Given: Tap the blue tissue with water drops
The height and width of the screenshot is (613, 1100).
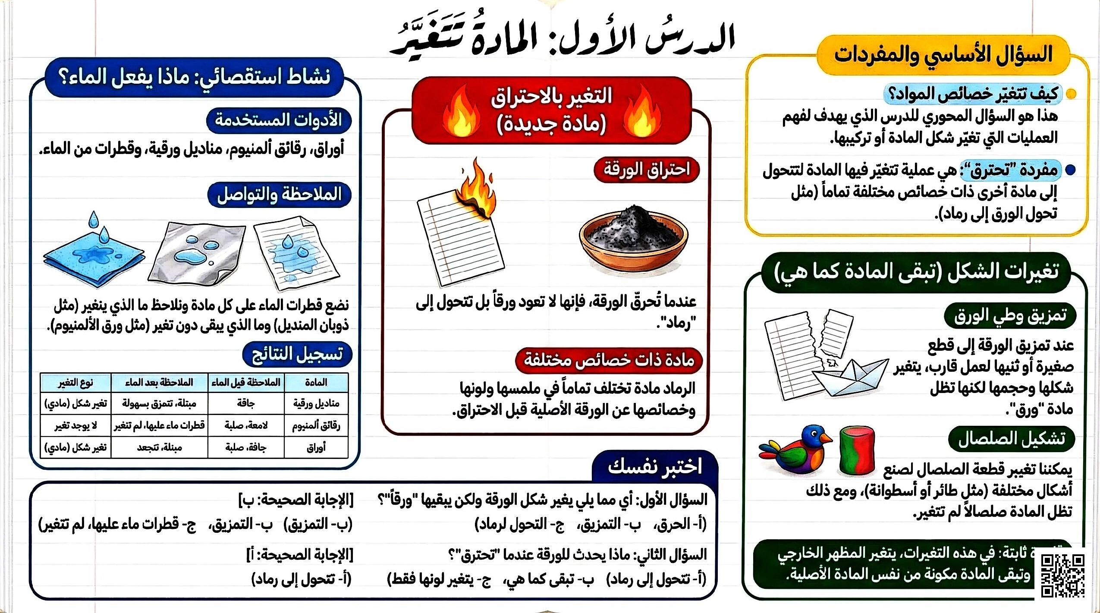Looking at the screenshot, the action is (94, 255).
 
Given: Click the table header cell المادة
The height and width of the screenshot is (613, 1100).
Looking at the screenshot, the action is (316, 383).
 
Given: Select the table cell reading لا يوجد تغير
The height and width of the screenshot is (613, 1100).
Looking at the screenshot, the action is (75, 426).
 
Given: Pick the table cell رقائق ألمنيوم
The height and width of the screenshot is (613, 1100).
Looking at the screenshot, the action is (316, 426).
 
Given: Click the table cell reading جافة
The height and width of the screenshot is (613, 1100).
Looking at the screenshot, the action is (246, 404).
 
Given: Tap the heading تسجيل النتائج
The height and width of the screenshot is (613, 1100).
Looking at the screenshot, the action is (297, 354).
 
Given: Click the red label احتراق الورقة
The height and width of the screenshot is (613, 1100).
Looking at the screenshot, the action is (646, 170).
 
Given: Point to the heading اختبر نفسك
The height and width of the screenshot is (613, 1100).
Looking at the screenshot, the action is (654, 466).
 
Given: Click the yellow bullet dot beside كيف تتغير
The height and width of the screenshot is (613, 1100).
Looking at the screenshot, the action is (1071, 94).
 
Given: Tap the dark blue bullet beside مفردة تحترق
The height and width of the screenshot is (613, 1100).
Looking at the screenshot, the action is (1070, 170).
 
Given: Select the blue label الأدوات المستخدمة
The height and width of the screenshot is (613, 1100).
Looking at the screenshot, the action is (279, 120).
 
